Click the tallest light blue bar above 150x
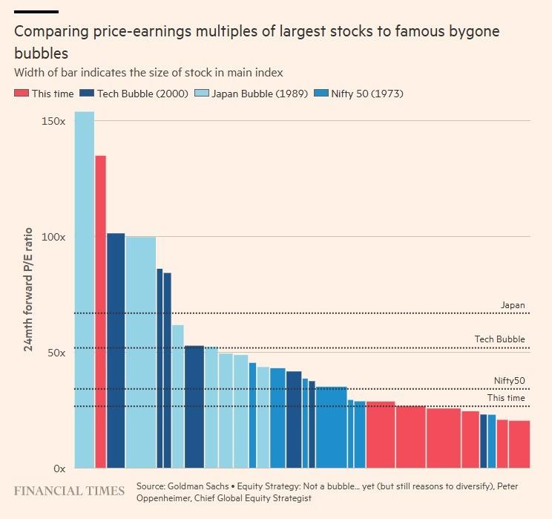[x=85, y=290]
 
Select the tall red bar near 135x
[x=100, y=312]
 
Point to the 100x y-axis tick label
[x=56, y=237]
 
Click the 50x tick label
[x=59, y=353]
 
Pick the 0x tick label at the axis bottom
[x=61, y=469]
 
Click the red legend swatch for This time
[x=22, y=94]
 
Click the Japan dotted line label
[x=513, y=305]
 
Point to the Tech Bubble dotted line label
[x=499, y=339]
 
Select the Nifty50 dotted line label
[x=509, y=381]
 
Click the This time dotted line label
[x=506, y=398]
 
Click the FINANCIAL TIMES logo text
[x=69, y=491]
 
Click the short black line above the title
[x=36, y=11]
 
